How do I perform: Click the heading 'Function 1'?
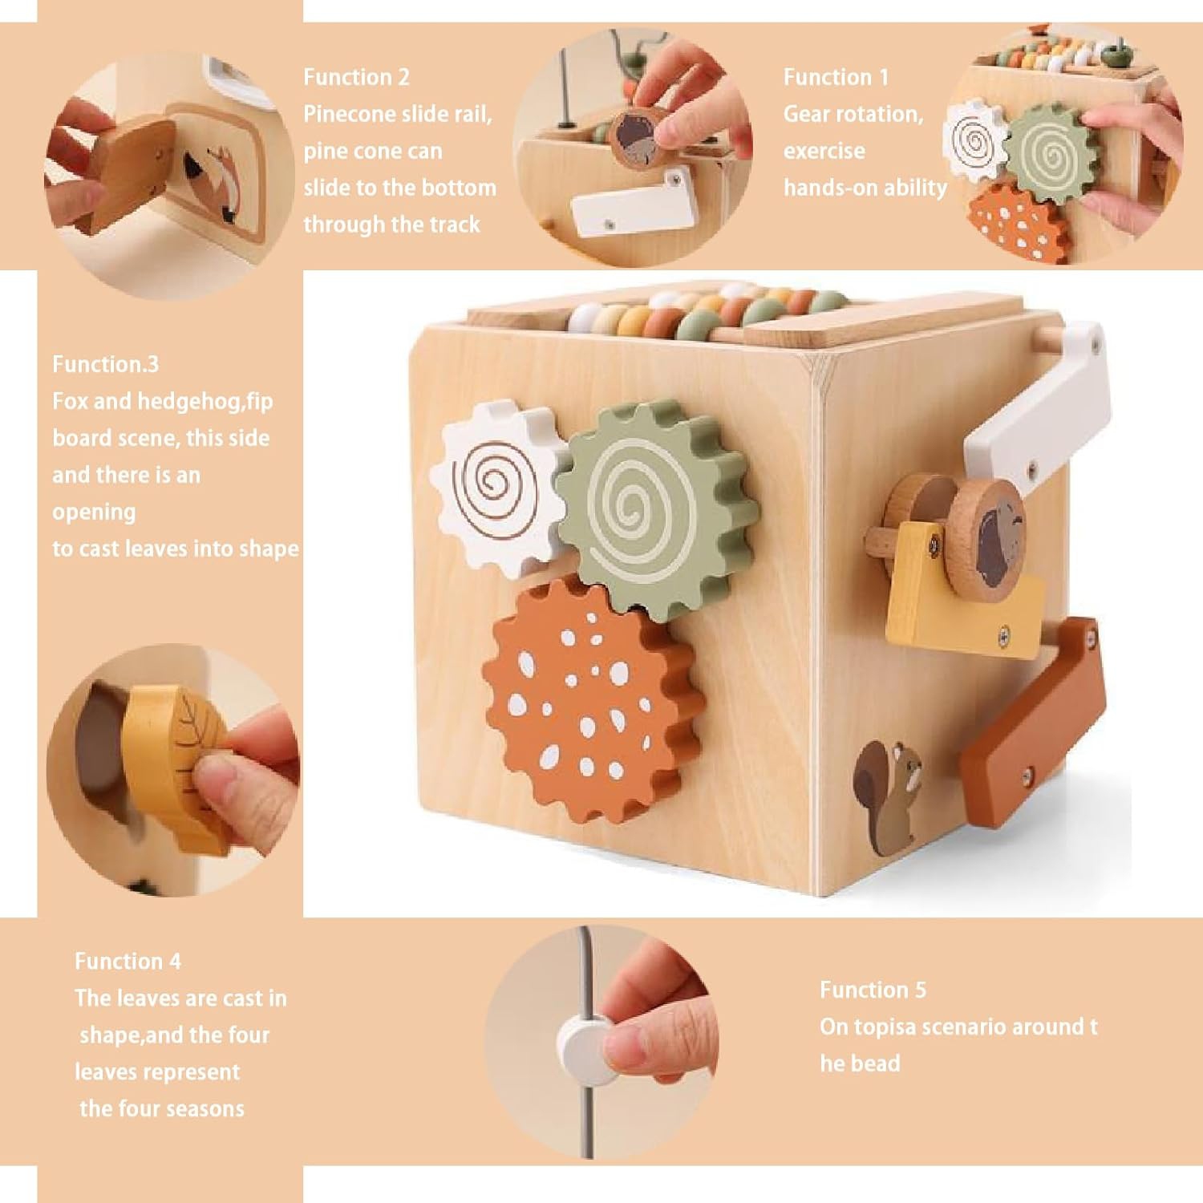pyautogui.click(x=836, y=77)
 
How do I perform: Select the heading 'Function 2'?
pyautogui.click(x=356, y=77)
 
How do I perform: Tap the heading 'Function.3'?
pyautogui.click(x=105, y=364)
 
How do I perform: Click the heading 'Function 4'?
pyautogui.click(x=128, y=961)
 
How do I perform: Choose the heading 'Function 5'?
pyautogui.click(x=873, y=990)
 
